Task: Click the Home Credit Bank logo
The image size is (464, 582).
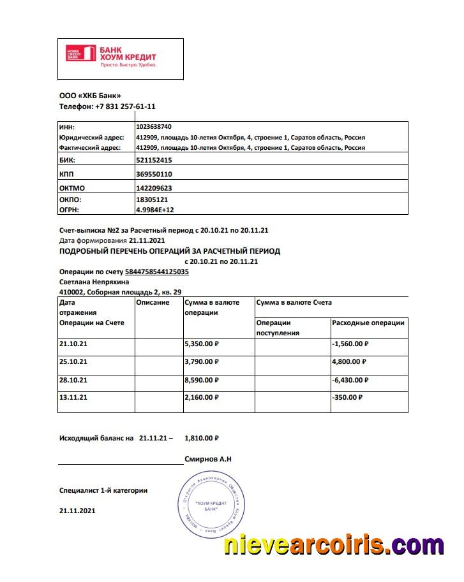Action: (111, 56)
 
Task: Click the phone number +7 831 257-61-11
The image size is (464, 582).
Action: (125, 106)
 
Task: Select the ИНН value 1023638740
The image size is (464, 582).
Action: (154, 127)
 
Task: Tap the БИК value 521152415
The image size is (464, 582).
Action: (154, 160)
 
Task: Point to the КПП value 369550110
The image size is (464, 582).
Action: (154, 173)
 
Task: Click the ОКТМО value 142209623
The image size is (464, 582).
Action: (154, 188)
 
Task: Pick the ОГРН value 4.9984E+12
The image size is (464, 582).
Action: (155, 208)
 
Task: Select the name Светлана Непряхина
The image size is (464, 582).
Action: (94, 281)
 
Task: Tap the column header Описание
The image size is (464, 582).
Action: (153, 302)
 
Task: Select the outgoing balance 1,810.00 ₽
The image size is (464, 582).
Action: (202, 438)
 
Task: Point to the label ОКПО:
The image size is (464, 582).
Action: (71, 200)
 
